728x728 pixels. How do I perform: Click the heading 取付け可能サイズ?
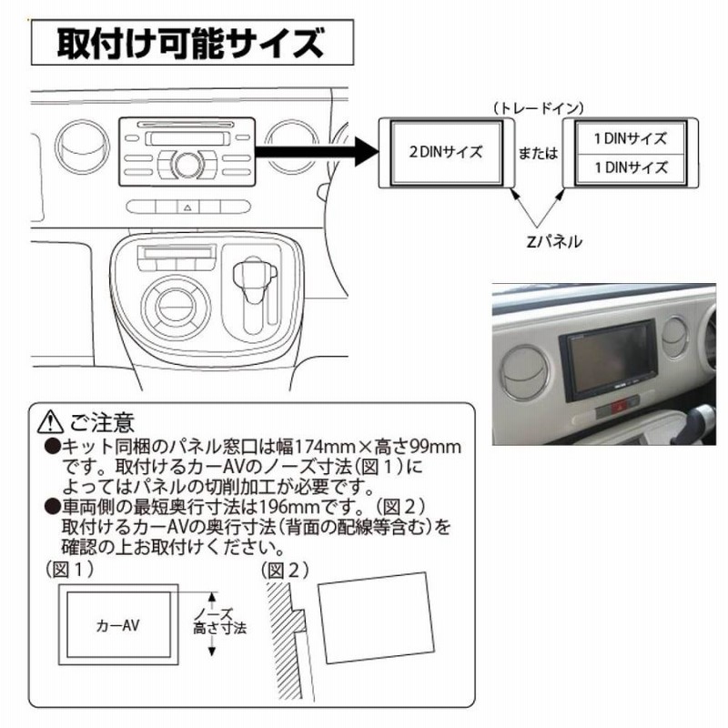189,42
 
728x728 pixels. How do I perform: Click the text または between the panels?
536,154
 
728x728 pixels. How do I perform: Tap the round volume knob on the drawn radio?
187,164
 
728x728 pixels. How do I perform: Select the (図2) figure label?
284,571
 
